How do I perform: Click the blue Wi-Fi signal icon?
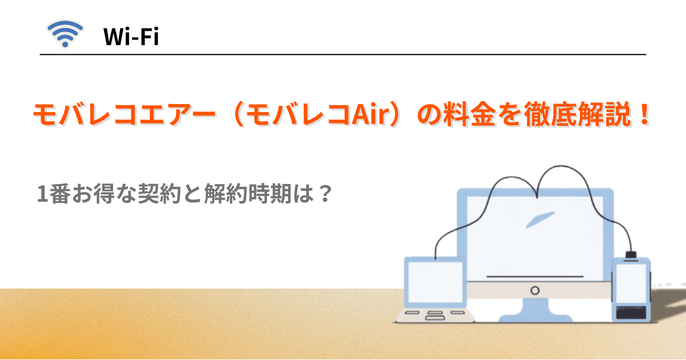65,34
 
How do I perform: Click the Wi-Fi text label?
131,37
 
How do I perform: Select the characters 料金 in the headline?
469,114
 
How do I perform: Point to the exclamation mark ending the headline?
645,114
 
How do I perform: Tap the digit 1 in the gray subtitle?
42,194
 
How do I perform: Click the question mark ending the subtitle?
325,193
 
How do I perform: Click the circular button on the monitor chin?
535,290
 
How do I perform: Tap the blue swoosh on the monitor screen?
540,219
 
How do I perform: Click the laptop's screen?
435,282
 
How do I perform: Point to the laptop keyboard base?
435,316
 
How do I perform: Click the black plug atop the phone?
631,255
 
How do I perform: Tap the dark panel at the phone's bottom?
631,312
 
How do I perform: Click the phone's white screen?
631,283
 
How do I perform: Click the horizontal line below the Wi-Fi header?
343,54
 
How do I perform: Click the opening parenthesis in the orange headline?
238,114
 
